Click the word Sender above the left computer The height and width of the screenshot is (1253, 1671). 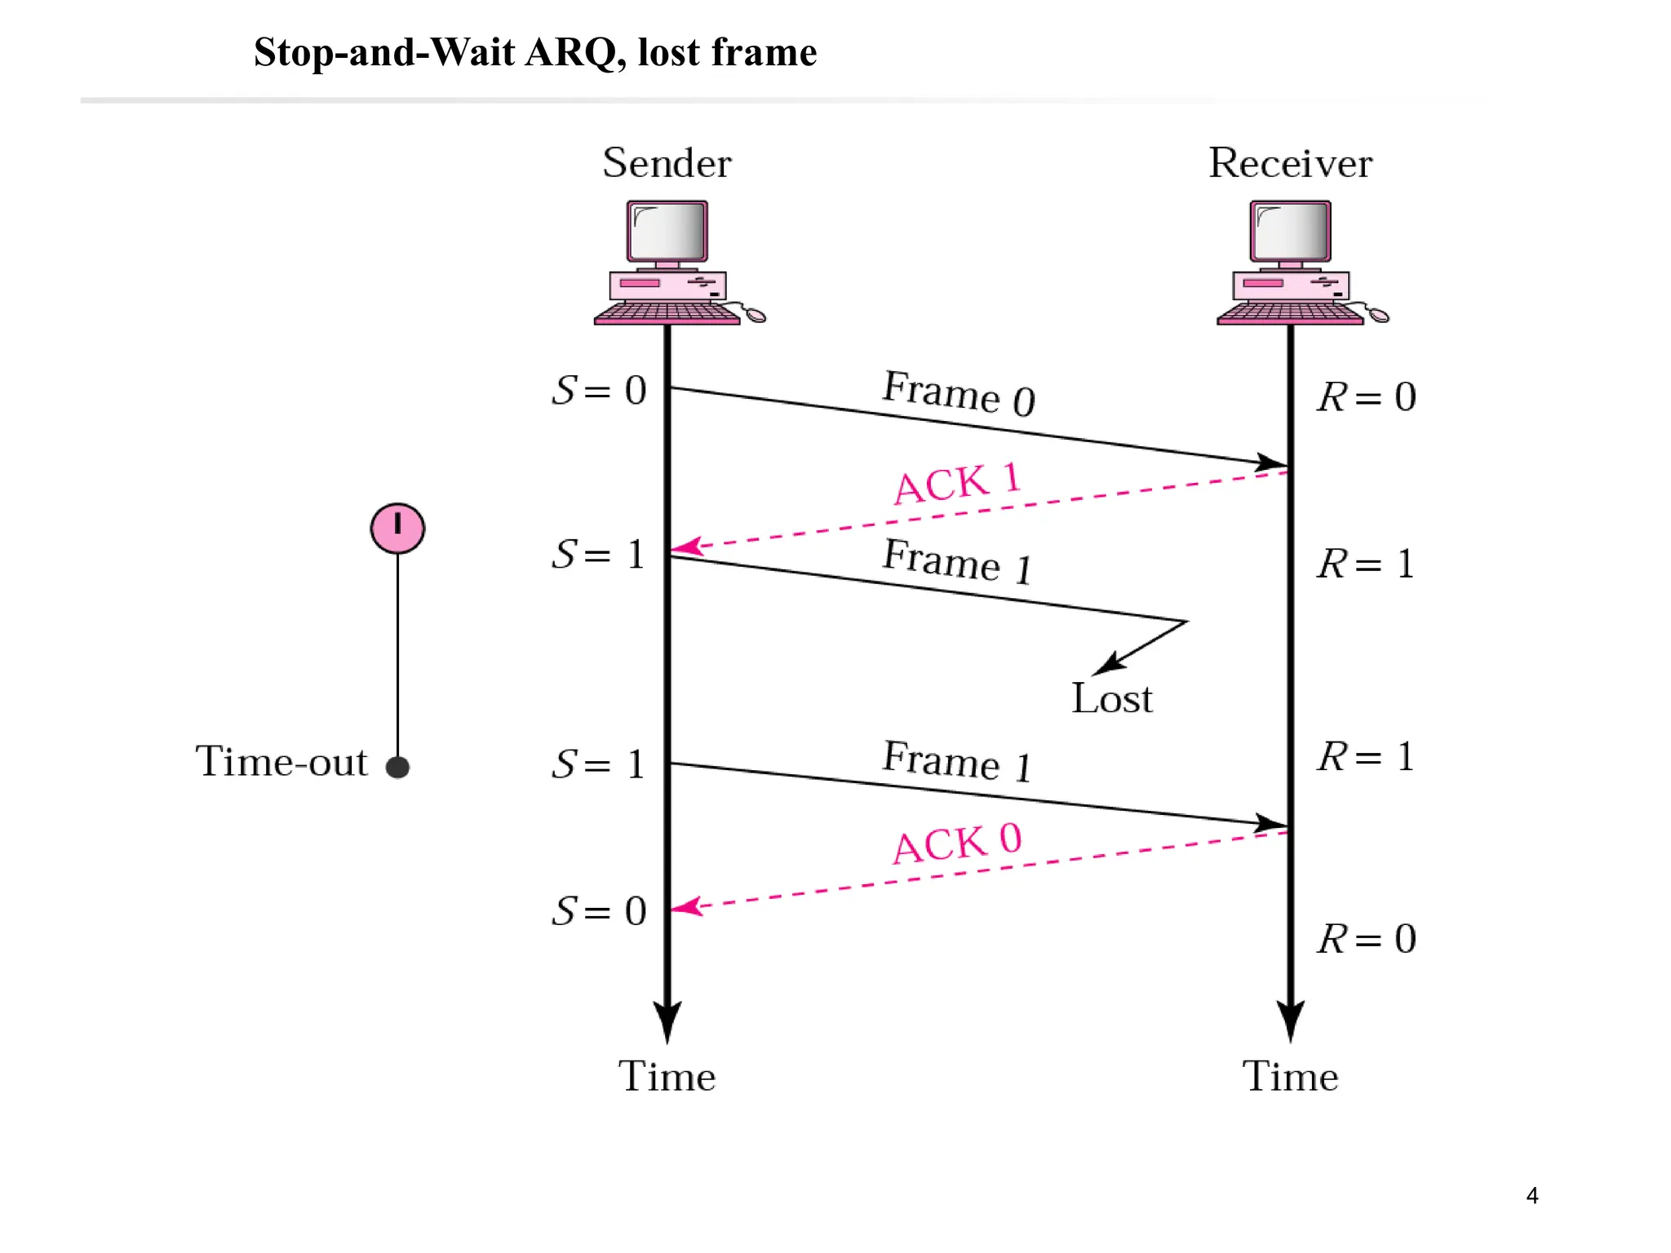coord(667,163)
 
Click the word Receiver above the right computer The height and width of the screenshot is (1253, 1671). coord(1290,163)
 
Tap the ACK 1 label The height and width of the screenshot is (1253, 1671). coord(957,483)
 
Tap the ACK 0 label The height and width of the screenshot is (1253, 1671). coord(957,843)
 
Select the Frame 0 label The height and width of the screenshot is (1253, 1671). coord(959,393)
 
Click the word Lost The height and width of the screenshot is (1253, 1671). coord(1111,699)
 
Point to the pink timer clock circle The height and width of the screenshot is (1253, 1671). coord(397,529)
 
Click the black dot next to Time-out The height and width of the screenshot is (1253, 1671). coord(397,767)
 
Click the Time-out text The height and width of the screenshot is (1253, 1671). coord(281,762)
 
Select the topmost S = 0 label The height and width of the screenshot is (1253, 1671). coord(600,391)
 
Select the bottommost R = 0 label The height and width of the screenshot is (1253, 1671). coord(1367,939)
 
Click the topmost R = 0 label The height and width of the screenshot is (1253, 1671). coord(1367,397)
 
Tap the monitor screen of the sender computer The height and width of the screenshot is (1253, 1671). coord(667,231)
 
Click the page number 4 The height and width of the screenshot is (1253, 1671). coord(1531,1196)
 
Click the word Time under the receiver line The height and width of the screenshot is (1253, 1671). coord(1290,1077)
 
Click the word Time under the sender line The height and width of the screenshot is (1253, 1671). coord(667,1077)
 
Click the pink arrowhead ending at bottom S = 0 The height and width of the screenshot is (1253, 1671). coord(685,906)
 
